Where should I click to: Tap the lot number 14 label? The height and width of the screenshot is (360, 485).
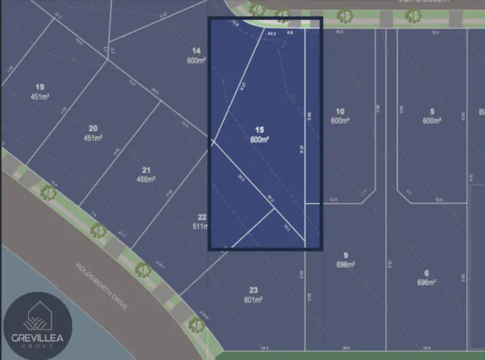click(x=195, y=50)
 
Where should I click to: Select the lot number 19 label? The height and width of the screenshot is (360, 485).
click(x=39, y=87)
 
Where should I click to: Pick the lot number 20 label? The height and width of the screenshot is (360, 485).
click(x=93, y=128)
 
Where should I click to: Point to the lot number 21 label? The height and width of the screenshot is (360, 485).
click(x=146, y=169)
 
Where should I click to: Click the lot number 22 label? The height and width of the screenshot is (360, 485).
click(x=202, y=217)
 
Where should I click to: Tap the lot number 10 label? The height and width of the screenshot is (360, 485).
click(x=339, y=111)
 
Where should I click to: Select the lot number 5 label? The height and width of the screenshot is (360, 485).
click(x=432, y=111)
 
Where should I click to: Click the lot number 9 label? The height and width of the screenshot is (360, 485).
click(x=345, y=255)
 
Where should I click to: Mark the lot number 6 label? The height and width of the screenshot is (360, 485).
click(x=426, y=273)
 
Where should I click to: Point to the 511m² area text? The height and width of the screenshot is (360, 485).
click(x=201, y=226)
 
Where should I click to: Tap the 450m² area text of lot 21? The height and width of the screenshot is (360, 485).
click(x=146, y=179)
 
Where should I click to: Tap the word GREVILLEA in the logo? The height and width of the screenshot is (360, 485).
click(x=35, y=337)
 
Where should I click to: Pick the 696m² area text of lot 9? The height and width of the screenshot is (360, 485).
click(x=346, y=264)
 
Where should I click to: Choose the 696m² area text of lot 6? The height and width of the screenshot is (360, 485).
click(x=426, y=282)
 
